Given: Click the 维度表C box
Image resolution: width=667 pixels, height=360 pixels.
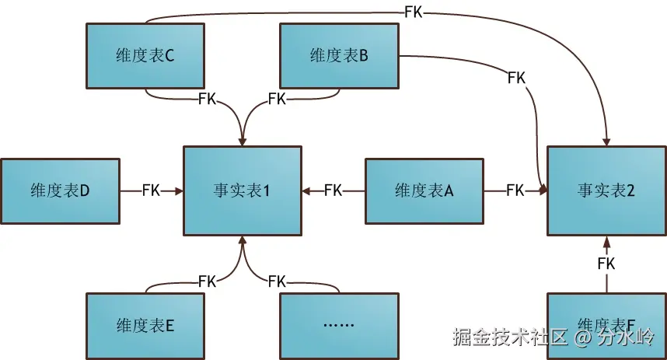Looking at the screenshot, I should point(145,55).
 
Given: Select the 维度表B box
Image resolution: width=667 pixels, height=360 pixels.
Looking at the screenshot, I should point(339,55).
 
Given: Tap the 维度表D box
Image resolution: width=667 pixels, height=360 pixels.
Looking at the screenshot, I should point(60,190).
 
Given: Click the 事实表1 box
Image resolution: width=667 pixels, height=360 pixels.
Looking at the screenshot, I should point(242,190).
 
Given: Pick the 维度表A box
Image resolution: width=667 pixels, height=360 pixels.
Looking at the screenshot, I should point(424,190).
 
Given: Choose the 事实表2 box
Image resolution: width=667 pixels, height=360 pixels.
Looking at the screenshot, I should point(606,190).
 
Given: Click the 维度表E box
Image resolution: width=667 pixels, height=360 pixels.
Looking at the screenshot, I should point(145,325).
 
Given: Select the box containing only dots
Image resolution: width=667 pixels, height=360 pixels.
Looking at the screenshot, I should point(339,325).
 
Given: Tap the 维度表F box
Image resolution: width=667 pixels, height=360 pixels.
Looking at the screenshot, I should point(606,326).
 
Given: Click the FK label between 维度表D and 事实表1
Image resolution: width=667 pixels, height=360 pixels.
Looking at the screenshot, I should point(151,190).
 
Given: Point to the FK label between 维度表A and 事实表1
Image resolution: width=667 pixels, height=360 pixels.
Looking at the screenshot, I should point(333,190).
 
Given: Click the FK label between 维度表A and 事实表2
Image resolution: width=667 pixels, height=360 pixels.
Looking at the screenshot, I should point(515,190).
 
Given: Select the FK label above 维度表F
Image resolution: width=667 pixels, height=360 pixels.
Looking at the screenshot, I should point(606,264).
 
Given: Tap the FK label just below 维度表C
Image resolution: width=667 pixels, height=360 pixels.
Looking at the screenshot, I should point(208,100).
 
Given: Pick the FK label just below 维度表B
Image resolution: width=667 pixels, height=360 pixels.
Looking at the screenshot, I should point(277,100).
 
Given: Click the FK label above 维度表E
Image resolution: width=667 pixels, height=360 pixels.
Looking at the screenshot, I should point(208,281).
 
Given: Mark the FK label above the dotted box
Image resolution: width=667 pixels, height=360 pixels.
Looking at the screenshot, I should point(277,281).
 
